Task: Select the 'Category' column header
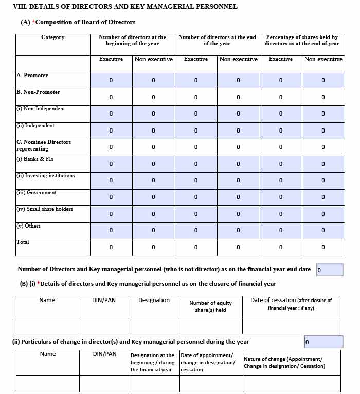[x=53, y=37]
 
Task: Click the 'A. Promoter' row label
[x=32, y=76]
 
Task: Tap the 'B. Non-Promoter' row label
[x=39, y=92]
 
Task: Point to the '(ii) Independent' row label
[x=35, y=126]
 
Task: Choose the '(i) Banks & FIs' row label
[x=35, y=159]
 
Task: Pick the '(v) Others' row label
[x=29, y=226]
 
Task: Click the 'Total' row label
[x=23, y=242]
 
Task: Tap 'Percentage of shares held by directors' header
[x=302, y=41]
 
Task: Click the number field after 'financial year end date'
[x=330, y=270]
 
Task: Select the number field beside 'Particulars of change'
[x=323, y=342]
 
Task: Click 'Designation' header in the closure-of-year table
[x=154, y=301]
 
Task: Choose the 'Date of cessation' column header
[x=291, y=304]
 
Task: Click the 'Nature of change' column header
[x=284, y=362]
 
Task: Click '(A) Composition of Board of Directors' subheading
[x=78, y=22]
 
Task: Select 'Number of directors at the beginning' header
[x=133, y=41]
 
